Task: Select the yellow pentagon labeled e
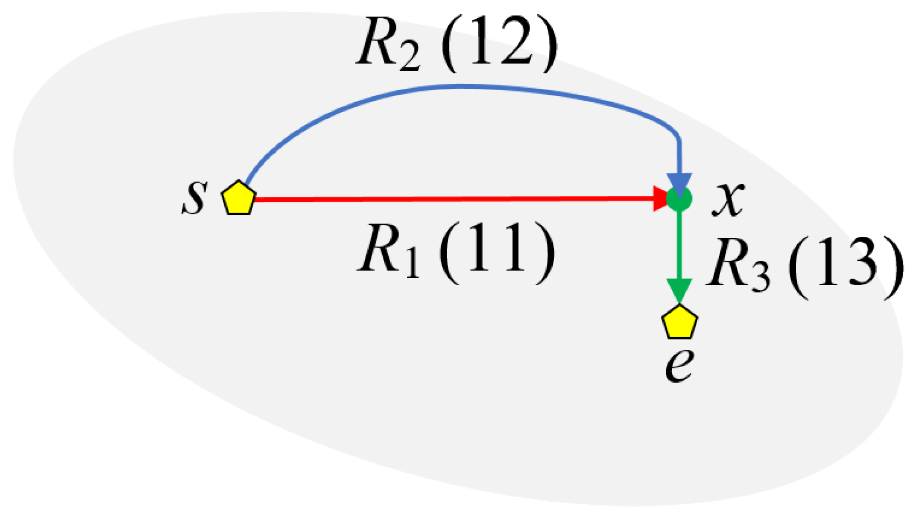(679, 322)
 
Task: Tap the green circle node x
(680, 199)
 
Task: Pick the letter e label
(679, 366)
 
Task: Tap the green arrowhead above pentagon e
(679, 290)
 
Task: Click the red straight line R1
(451, 199)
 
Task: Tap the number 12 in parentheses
(500, 45)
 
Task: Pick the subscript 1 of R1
(412, 264)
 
